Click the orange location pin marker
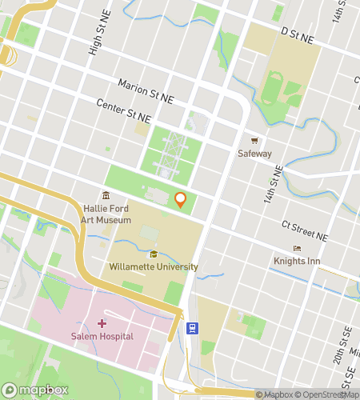pyautogui.click(x=181, y=200)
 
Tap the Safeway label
pyautogui.click(x=254, y=154)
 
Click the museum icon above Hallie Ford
pyautogui.click(x=106, y=196)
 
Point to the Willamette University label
pyautogui.click(x=150, y=266)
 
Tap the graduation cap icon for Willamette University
pyautogui.click(x=153, y=254)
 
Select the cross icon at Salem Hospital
pyautogui.click(x=102, y=323)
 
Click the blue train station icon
pyautogui.click(x=192, y=327)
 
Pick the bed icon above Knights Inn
pyautogui.click(x=298, y=248)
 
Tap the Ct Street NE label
pyautogui.click(x=304, y=231)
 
